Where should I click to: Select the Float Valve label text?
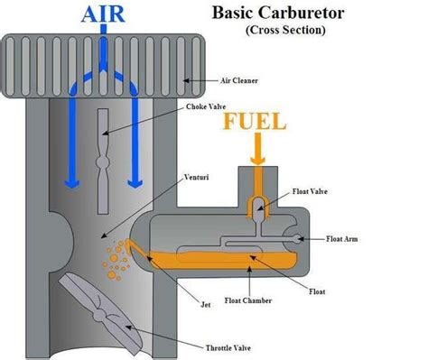pos(317,192)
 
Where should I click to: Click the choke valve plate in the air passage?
pos(104,144)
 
